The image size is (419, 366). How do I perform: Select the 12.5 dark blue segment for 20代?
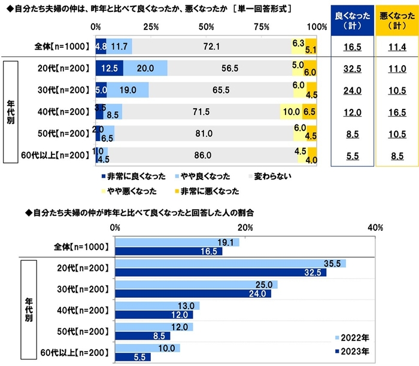tap(109, 68)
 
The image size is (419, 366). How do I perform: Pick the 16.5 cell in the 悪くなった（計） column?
tap(394, 112)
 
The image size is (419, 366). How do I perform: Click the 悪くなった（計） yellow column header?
tap(394, 20)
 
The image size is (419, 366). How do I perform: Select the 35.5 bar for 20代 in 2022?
tap(230, 264)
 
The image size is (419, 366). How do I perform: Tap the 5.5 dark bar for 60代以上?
tap(132, 357)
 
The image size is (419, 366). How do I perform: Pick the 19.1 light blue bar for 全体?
tap(177, 242)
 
